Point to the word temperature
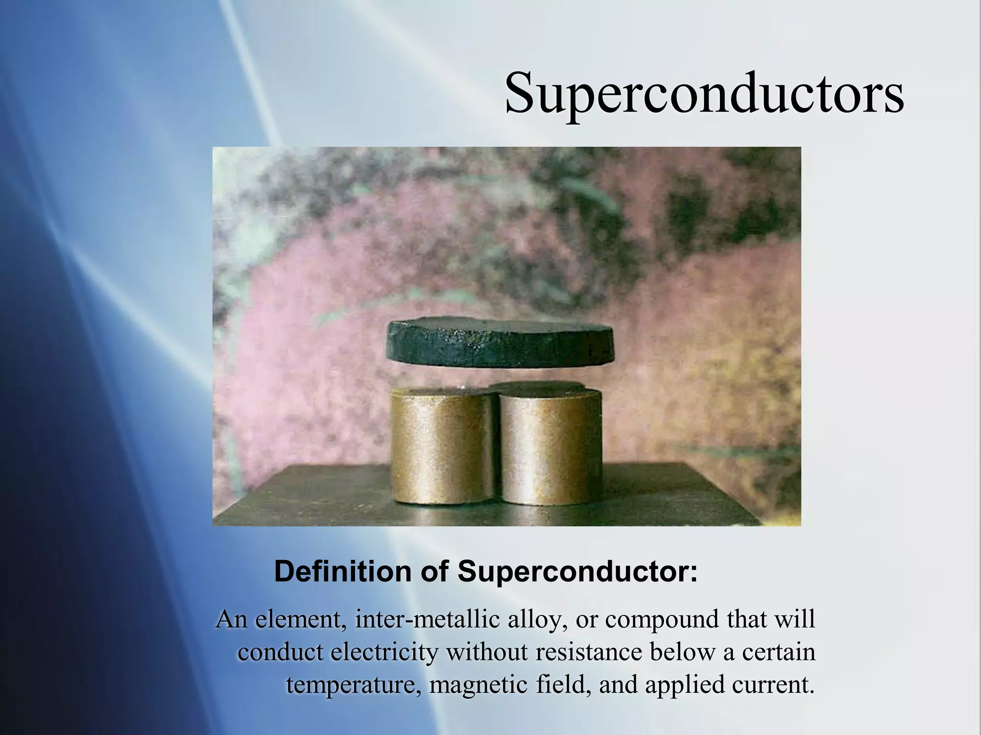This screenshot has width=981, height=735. coord(351,685)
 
